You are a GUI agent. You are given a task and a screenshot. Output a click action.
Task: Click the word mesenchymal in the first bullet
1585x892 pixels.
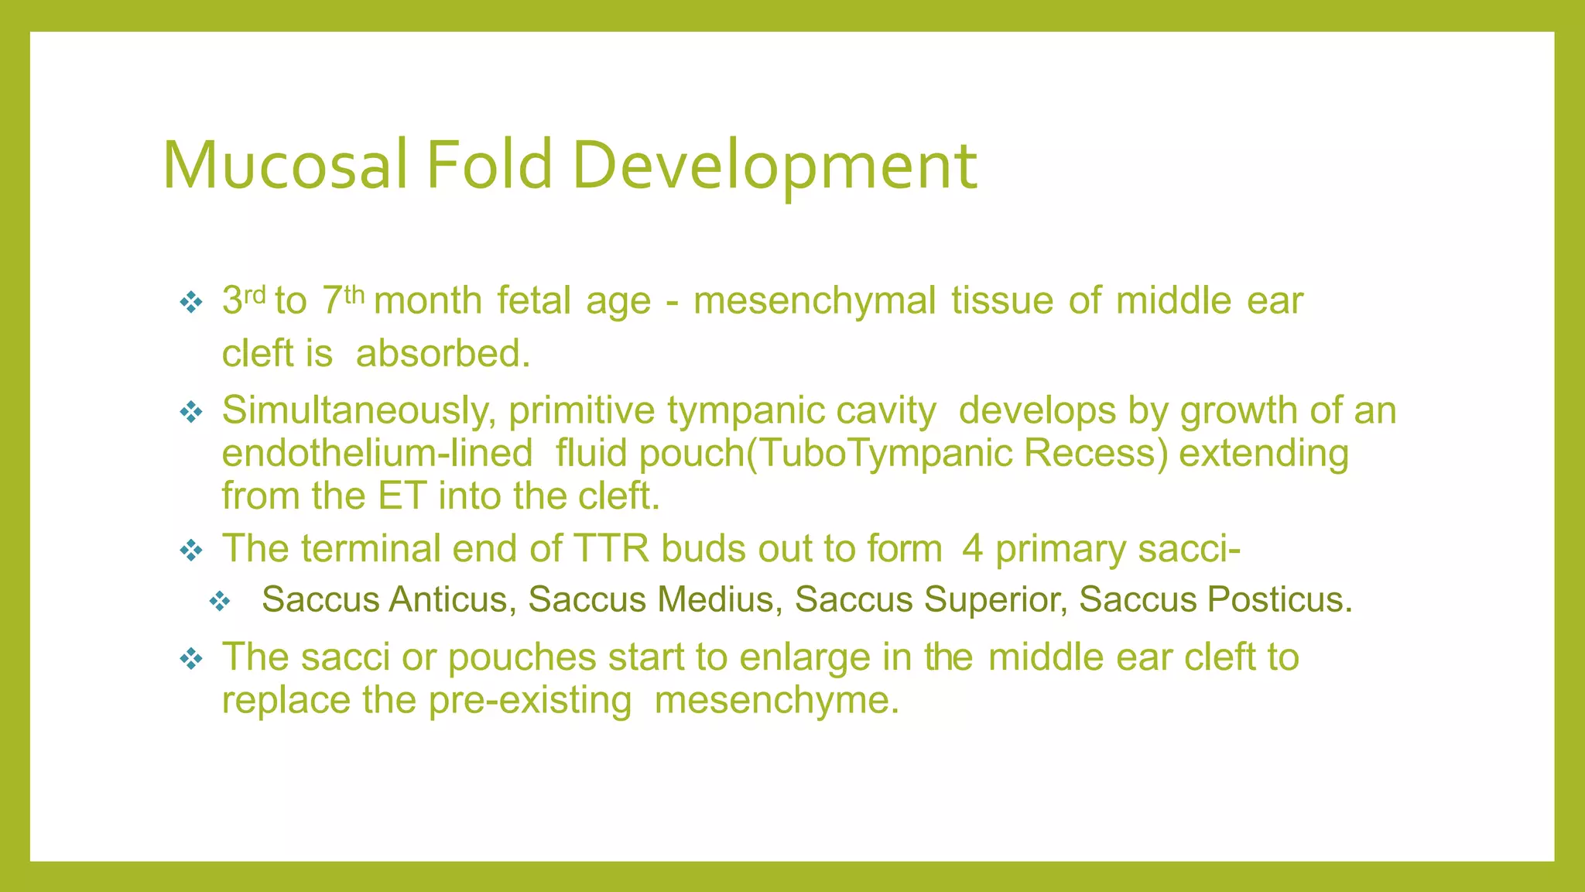pyautogui.click(x=814, y=300)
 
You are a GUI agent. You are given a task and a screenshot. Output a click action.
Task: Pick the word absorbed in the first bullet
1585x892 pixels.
pyautogui.click(x=443, y=354)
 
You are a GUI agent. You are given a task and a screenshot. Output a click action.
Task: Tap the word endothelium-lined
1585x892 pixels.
pyautogui.click(x=377, y=453)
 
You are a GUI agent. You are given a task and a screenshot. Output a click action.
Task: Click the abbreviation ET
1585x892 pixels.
pyautogui.click(x=402, y=496)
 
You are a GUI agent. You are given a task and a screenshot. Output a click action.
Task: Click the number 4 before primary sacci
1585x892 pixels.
pyautogui.click(x=972, y=548)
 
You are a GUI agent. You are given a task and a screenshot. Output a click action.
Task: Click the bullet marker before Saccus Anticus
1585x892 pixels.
pyautogui.click(x=220, y=601)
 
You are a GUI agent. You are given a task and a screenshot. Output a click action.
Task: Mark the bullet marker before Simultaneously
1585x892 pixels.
pyautogui.click(x=190, y=411)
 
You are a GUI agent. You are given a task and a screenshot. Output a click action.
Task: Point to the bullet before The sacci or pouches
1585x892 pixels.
pyautogui.click(x=190, y=658)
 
